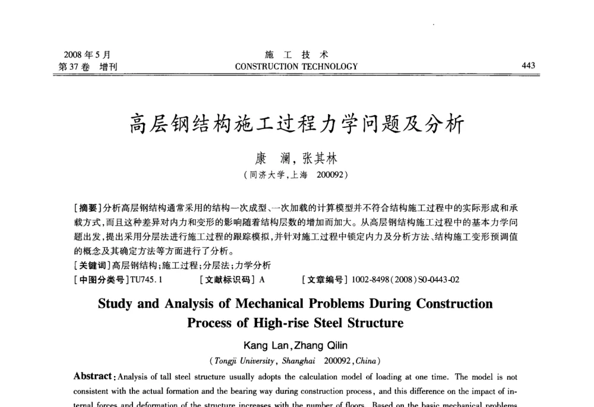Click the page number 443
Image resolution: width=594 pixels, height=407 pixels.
point(528,65)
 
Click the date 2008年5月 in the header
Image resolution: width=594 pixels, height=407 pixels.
point(87,55)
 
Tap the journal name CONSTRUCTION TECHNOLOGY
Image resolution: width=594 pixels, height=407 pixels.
point(296,67)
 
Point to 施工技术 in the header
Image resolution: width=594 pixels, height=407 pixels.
point(296,55)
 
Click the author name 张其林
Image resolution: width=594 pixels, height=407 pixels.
point(320,159)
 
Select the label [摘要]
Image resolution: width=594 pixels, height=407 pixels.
point(87,208)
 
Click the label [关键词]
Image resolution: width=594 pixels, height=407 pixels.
point(91,266)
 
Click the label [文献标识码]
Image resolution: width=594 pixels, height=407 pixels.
point(228,279)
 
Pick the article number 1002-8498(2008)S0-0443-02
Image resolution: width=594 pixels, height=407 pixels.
point(405,279)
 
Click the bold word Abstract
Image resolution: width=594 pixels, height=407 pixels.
point(93,377)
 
